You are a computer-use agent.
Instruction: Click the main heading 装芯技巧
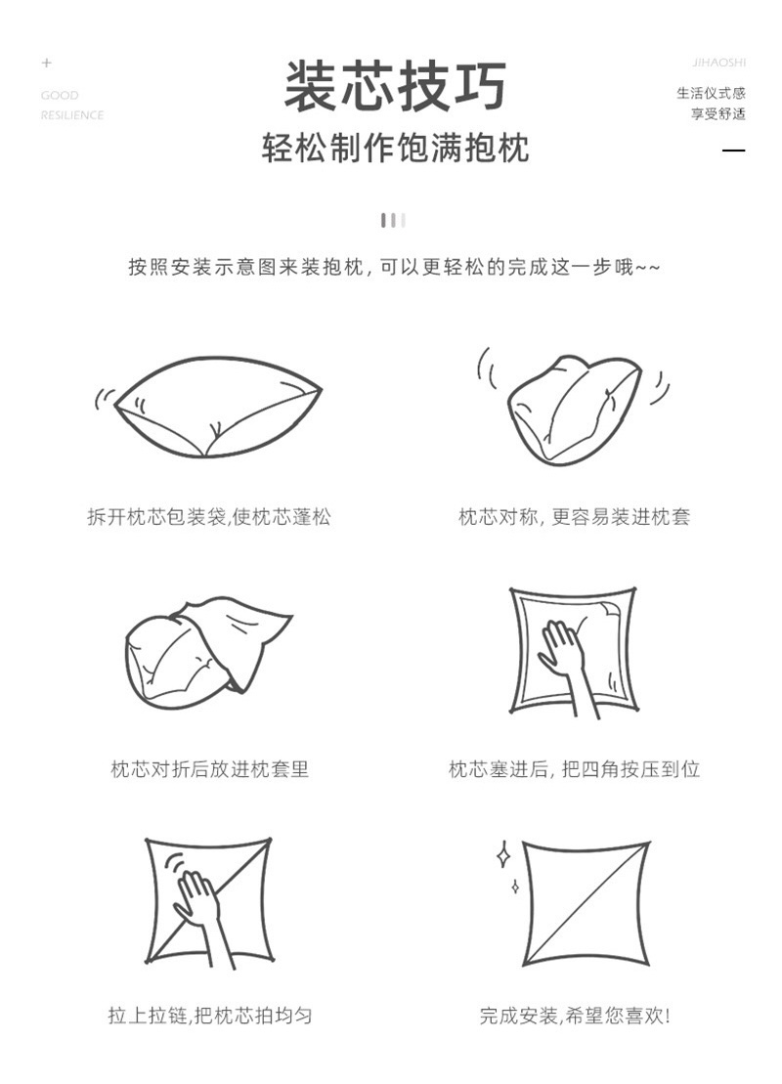[x=396, y=86]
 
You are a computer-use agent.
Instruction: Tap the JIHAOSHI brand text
[x=719, y=63]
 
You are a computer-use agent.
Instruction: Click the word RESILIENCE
[x=72, y=115]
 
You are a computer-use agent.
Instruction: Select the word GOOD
[x=60, y=96]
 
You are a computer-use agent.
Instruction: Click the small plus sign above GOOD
[x=46, y=63]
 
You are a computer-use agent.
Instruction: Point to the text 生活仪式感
[x=711, y=93]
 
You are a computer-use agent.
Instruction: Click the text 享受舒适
[x=718, y=113]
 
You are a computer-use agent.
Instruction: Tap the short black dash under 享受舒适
[x=733, y=150]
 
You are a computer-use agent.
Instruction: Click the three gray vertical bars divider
[x=393, y=221]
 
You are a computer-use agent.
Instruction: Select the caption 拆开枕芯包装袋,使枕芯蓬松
[x=209, y=516]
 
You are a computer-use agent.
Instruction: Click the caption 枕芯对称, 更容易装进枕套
[x=574, y=516]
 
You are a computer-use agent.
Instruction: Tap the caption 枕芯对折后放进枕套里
[x=209, y=768]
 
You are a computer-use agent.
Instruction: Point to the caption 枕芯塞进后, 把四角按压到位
[x=574, y=768]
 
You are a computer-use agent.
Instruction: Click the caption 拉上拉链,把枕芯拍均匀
[x=209, y=1016]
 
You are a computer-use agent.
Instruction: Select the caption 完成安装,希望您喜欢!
[x=574, y=1016]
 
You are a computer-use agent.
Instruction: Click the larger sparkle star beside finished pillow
[x=503, y=853]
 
